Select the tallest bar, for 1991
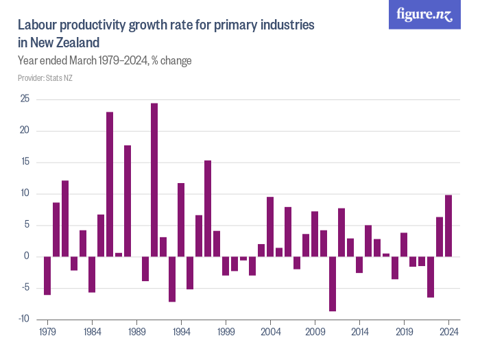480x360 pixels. (x=154, y=180)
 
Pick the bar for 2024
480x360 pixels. (x=448, y=226)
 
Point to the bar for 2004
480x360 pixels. (x=270, y=226)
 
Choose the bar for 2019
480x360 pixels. (x=404, y=244)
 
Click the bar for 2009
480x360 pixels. (x=315, y=234)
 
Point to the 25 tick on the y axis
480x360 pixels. (x=25, y=99)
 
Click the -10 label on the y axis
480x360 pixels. (x=23, y=319)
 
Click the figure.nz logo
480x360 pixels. (x=425, y=15)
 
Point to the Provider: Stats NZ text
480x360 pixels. (x=45, y=77)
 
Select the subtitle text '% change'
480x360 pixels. (x=171, y=61)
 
